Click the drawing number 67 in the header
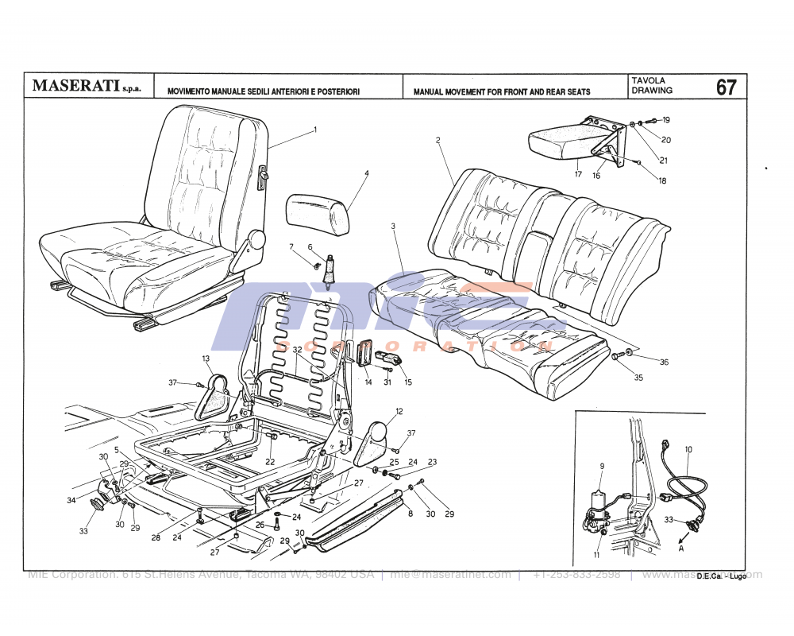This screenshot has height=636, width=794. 726,87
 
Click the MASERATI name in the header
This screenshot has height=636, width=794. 76,86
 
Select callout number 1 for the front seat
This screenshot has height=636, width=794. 314,129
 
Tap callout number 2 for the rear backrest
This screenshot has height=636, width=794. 437,140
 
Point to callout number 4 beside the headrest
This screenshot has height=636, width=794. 367,173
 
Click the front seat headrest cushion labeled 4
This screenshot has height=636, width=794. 318,212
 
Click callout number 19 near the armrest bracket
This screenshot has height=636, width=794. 666,120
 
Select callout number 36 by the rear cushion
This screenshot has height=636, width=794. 664,363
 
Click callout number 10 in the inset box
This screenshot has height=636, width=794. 688,449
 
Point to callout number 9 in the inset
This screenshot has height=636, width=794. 602,466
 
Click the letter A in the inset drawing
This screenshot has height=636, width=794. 680,548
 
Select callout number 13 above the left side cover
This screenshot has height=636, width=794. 206,359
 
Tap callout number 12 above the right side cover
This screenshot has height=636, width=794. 399,411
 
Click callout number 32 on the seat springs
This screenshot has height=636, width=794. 296,350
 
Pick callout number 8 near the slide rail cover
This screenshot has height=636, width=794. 410,514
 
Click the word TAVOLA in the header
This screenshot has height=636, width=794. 650,80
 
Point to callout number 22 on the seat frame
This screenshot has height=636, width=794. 270,462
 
